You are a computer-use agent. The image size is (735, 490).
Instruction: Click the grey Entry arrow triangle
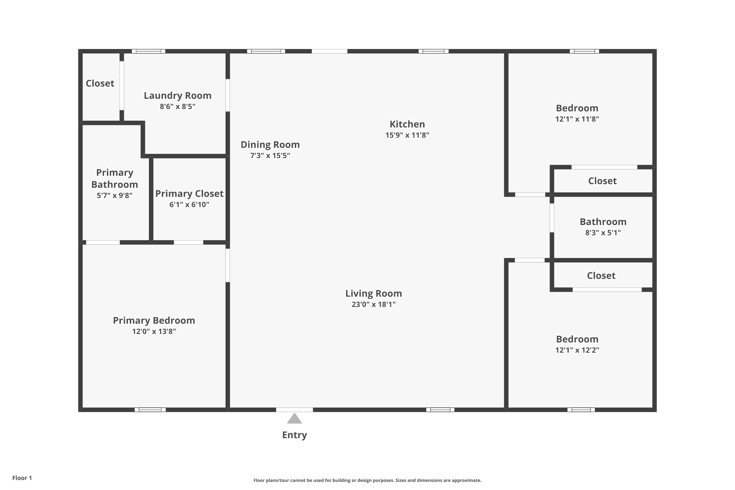(294, 419)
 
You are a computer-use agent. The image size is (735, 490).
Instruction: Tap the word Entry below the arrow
(294, 435)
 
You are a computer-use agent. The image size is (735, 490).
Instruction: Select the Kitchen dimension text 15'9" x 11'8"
(407, 135)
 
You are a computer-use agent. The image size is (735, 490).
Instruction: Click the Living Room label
(373, 294)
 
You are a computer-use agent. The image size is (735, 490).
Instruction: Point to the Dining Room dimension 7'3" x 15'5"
(270, 156)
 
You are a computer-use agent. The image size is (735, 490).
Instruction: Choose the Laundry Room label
(177, 96)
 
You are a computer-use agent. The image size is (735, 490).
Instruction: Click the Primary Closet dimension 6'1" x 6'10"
(189, 205)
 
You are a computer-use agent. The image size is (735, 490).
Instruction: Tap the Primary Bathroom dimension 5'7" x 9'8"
(114, 196)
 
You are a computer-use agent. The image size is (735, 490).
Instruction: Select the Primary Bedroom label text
(154, 321)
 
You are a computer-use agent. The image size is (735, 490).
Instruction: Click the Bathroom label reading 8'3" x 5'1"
(603, 233)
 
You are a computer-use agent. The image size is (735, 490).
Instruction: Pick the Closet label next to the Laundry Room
(100, 84)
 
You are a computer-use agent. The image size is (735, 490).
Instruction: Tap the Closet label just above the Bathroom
(602, 181)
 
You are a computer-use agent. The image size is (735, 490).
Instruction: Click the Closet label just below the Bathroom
(601, 276)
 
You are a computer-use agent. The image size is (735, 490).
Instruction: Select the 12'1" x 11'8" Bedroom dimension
(577, 119)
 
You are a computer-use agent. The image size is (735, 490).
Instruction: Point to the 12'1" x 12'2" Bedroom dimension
(577, 350)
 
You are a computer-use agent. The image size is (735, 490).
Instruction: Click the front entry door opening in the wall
(294, 410)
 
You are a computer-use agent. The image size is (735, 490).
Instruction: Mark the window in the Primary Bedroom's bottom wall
(150, 410)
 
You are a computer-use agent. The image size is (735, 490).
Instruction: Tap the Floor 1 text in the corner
(22, 478)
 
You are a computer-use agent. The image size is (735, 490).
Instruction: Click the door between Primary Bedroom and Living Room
(228, 265)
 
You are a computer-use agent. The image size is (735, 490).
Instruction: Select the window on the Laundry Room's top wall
(148, 51)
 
